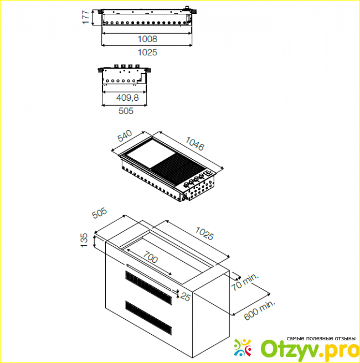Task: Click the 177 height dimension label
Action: tap(86, 17)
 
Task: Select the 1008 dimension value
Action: tap(147, 39)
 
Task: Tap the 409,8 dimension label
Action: tap(127, 97)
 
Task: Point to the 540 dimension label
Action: tap(125, 136)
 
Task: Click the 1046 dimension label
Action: tap(195, 143)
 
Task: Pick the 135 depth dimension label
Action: tap(84, 240)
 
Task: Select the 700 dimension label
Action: tap(150, 257)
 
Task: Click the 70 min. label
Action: tap(245, 282)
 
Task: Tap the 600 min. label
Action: tap(260, 310)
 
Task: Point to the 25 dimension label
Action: tap(186, 297)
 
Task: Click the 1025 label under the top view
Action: tap(147, 53)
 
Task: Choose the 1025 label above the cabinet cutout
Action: tap(204, 233)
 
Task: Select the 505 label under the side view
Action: tap(126, 111)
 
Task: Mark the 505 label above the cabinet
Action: tap(99, 213)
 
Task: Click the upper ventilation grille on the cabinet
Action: tap(149, 288)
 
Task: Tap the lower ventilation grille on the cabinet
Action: tap(149, 318)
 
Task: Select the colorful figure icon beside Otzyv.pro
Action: tap(243, 348)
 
